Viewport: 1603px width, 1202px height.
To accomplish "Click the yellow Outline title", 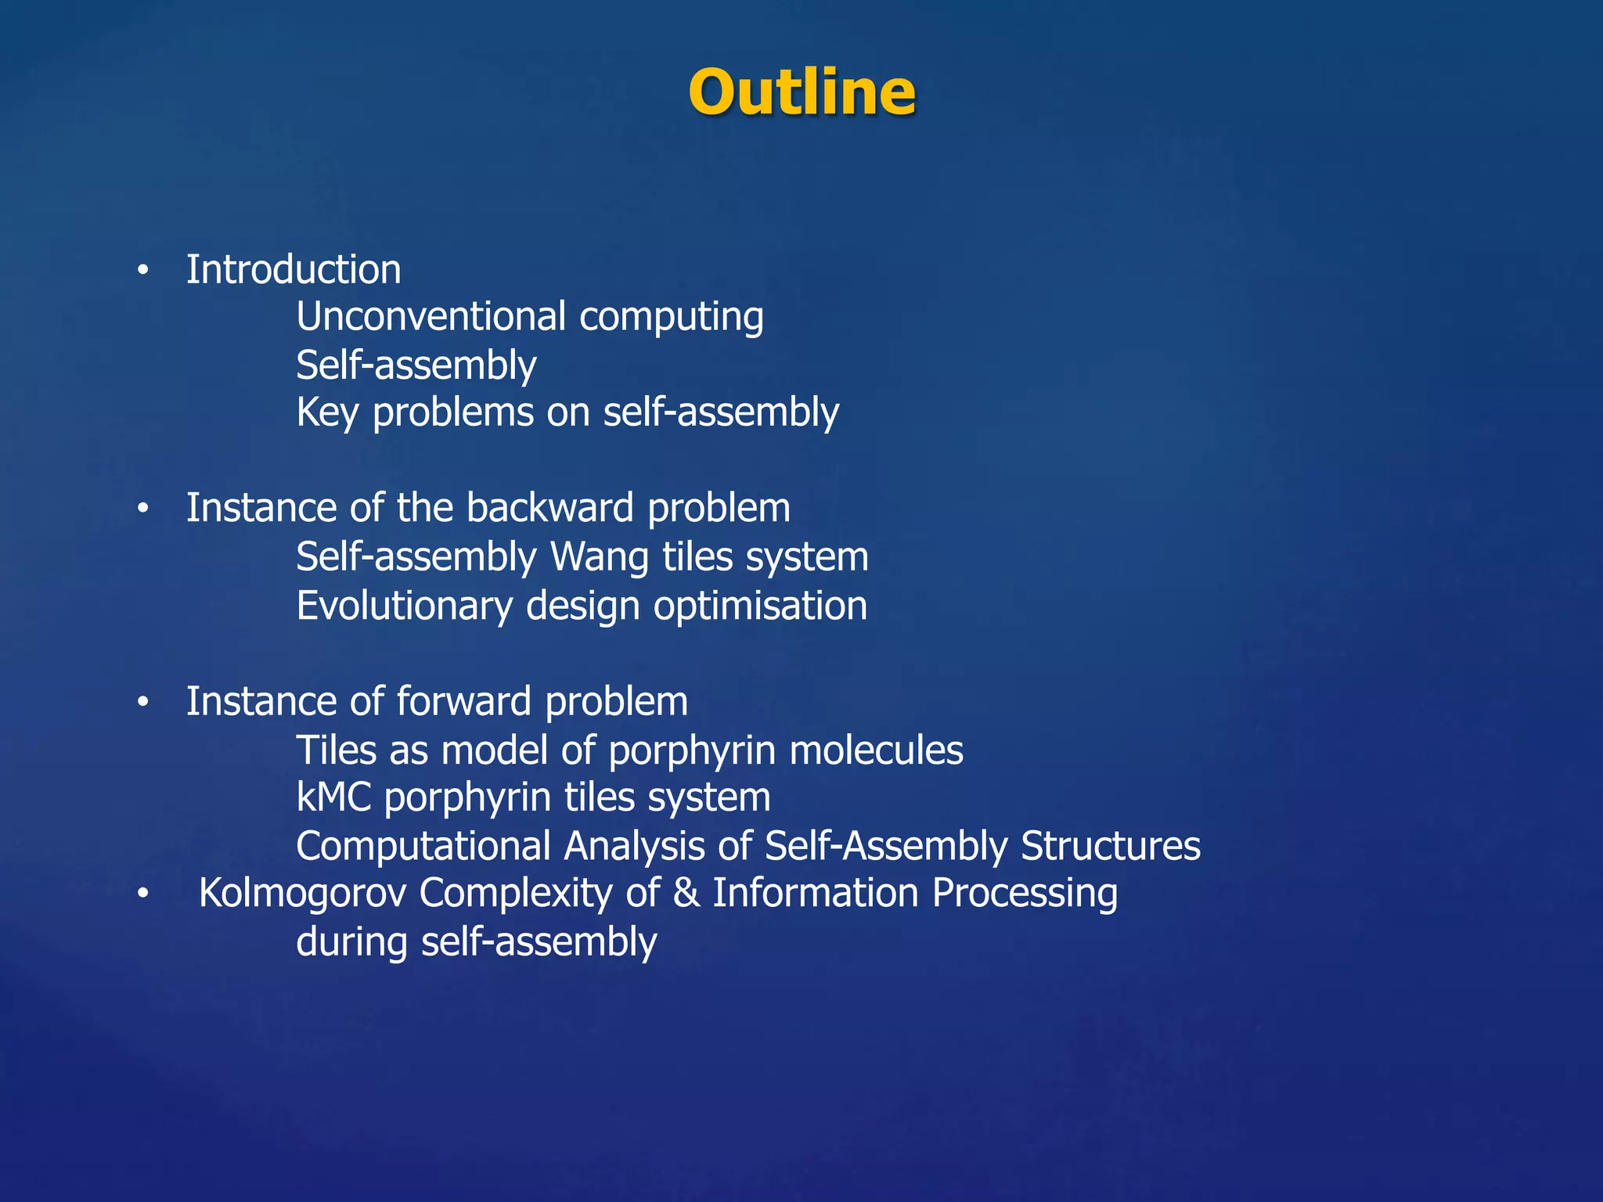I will (801, 92).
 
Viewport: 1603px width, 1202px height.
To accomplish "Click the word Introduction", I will (294, 270).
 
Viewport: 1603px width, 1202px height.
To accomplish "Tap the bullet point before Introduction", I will (142, 271).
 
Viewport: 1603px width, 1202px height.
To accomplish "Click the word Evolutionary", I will (404, 606).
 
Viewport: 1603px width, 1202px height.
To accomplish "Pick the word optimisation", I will (760, 606).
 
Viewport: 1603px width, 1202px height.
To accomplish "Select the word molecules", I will (876, 750).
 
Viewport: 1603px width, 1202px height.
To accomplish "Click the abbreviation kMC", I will (333, 797).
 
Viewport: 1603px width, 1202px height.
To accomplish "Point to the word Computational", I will (423, 847).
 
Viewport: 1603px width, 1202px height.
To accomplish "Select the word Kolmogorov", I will (302, 893).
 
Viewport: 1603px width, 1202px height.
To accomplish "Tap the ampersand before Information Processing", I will (686, 893).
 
